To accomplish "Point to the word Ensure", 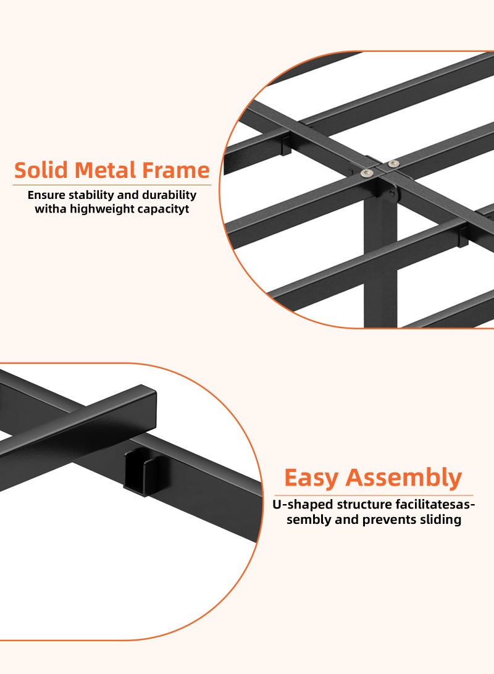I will point(46,195).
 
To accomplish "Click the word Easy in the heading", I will point(311,478).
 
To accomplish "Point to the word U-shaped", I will point(298,505).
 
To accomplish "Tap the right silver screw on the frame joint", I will point(393,164).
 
